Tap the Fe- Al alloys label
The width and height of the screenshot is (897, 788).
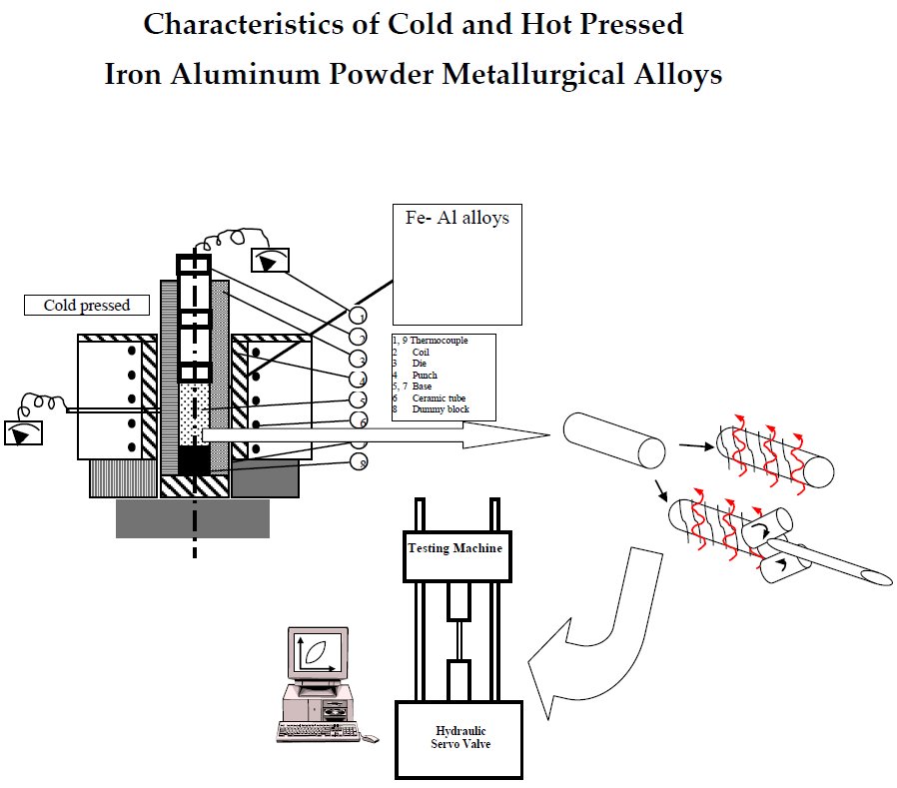[x=456, y=217]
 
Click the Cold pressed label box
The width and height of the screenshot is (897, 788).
[x=87, y=305]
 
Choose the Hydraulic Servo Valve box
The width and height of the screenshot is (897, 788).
[x=458, y=737]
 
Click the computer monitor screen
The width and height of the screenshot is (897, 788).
[x=317, y=654]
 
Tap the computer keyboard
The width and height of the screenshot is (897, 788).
[x=318, y=731]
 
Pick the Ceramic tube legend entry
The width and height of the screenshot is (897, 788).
[x=439, y=398]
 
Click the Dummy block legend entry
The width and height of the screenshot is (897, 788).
[x=441, y=409]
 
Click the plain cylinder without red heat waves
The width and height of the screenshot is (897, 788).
[x=612, y=440]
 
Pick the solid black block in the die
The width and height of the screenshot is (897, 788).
[x=194, y=460]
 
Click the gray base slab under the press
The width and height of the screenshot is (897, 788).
[x=192, y=517]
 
